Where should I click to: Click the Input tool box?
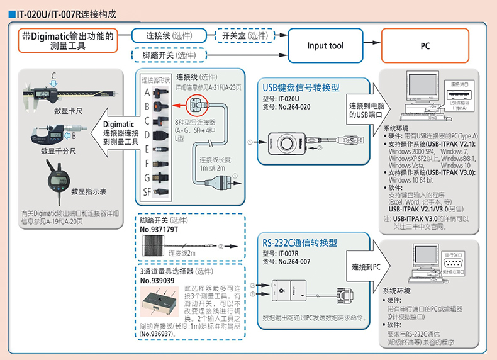(x=325, y=46)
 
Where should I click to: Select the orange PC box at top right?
(x=425, y=46)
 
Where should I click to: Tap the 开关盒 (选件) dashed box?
(x=244, y=36)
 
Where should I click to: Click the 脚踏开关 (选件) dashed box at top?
(x=168, y=55)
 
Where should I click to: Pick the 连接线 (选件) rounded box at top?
(x=168, y=36)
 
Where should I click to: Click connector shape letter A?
(x=147, y=93)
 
